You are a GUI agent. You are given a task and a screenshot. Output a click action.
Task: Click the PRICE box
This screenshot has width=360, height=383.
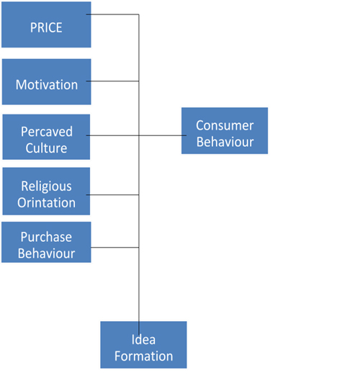pos(46,24)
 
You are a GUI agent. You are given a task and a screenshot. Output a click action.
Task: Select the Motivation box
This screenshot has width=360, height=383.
pos(46,81)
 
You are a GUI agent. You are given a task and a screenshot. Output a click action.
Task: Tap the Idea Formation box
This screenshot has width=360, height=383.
pos(143,345)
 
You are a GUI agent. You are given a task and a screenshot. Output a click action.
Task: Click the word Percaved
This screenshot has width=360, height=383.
pos(47,132)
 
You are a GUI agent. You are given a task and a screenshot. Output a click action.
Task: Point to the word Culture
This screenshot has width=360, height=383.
pos(46,148)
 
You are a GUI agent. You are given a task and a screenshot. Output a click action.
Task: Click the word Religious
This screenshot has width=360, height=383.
pos(46,186)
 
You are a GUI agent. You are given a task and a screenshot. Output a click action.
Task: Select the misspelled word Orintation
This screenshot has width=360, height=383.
pos(46,203)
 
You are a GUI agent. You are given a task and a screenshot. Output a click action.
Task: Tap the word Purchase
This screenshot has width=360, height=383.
pos(46,237)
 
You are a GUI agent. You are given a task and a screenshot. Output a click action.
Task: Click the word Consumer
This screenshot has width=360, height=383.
pos(225,125)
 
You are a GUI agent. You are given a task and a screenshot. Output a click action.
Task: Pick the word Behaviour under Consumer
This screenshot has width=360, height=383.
pos(225,142)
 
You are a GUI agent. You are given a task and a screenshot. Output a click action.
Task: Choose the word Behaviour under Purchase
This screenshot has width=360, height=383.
pos(46,253)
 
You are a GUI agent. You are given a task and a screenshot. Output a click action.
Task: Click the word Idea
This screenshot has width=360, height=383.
pos(143,340)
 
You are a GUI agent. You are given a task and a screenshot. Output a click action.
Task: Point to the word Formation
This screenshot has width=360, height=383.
pos(144,356)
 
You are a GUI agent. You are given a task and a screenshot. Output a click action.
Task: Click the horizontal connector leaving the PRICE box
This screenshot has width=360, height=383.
pos(112,14)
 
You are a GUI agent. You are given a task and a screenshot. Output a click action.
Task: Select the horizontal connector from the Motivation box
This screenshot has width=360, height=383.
pos(112,81)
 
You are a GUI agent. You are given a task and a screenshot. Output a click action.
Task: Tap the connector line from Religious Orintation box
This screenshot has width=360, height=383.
pos(112,194)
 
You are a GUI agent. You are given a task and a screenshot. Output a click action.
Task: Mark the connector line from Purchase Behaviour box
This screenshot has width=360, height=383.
pos(114,248)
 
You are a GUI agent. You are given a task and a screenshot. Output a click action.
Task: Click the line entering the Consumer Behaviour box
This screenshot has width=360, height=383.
pos(163,135)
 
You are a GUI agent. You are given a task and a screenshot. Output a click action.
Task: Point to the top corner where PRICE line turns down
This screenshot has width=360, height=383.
pos(139,14)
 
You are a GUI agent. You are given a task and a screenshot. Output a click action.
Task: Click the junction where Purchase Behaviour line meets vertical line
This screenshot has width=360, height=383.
pos(139,248)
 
